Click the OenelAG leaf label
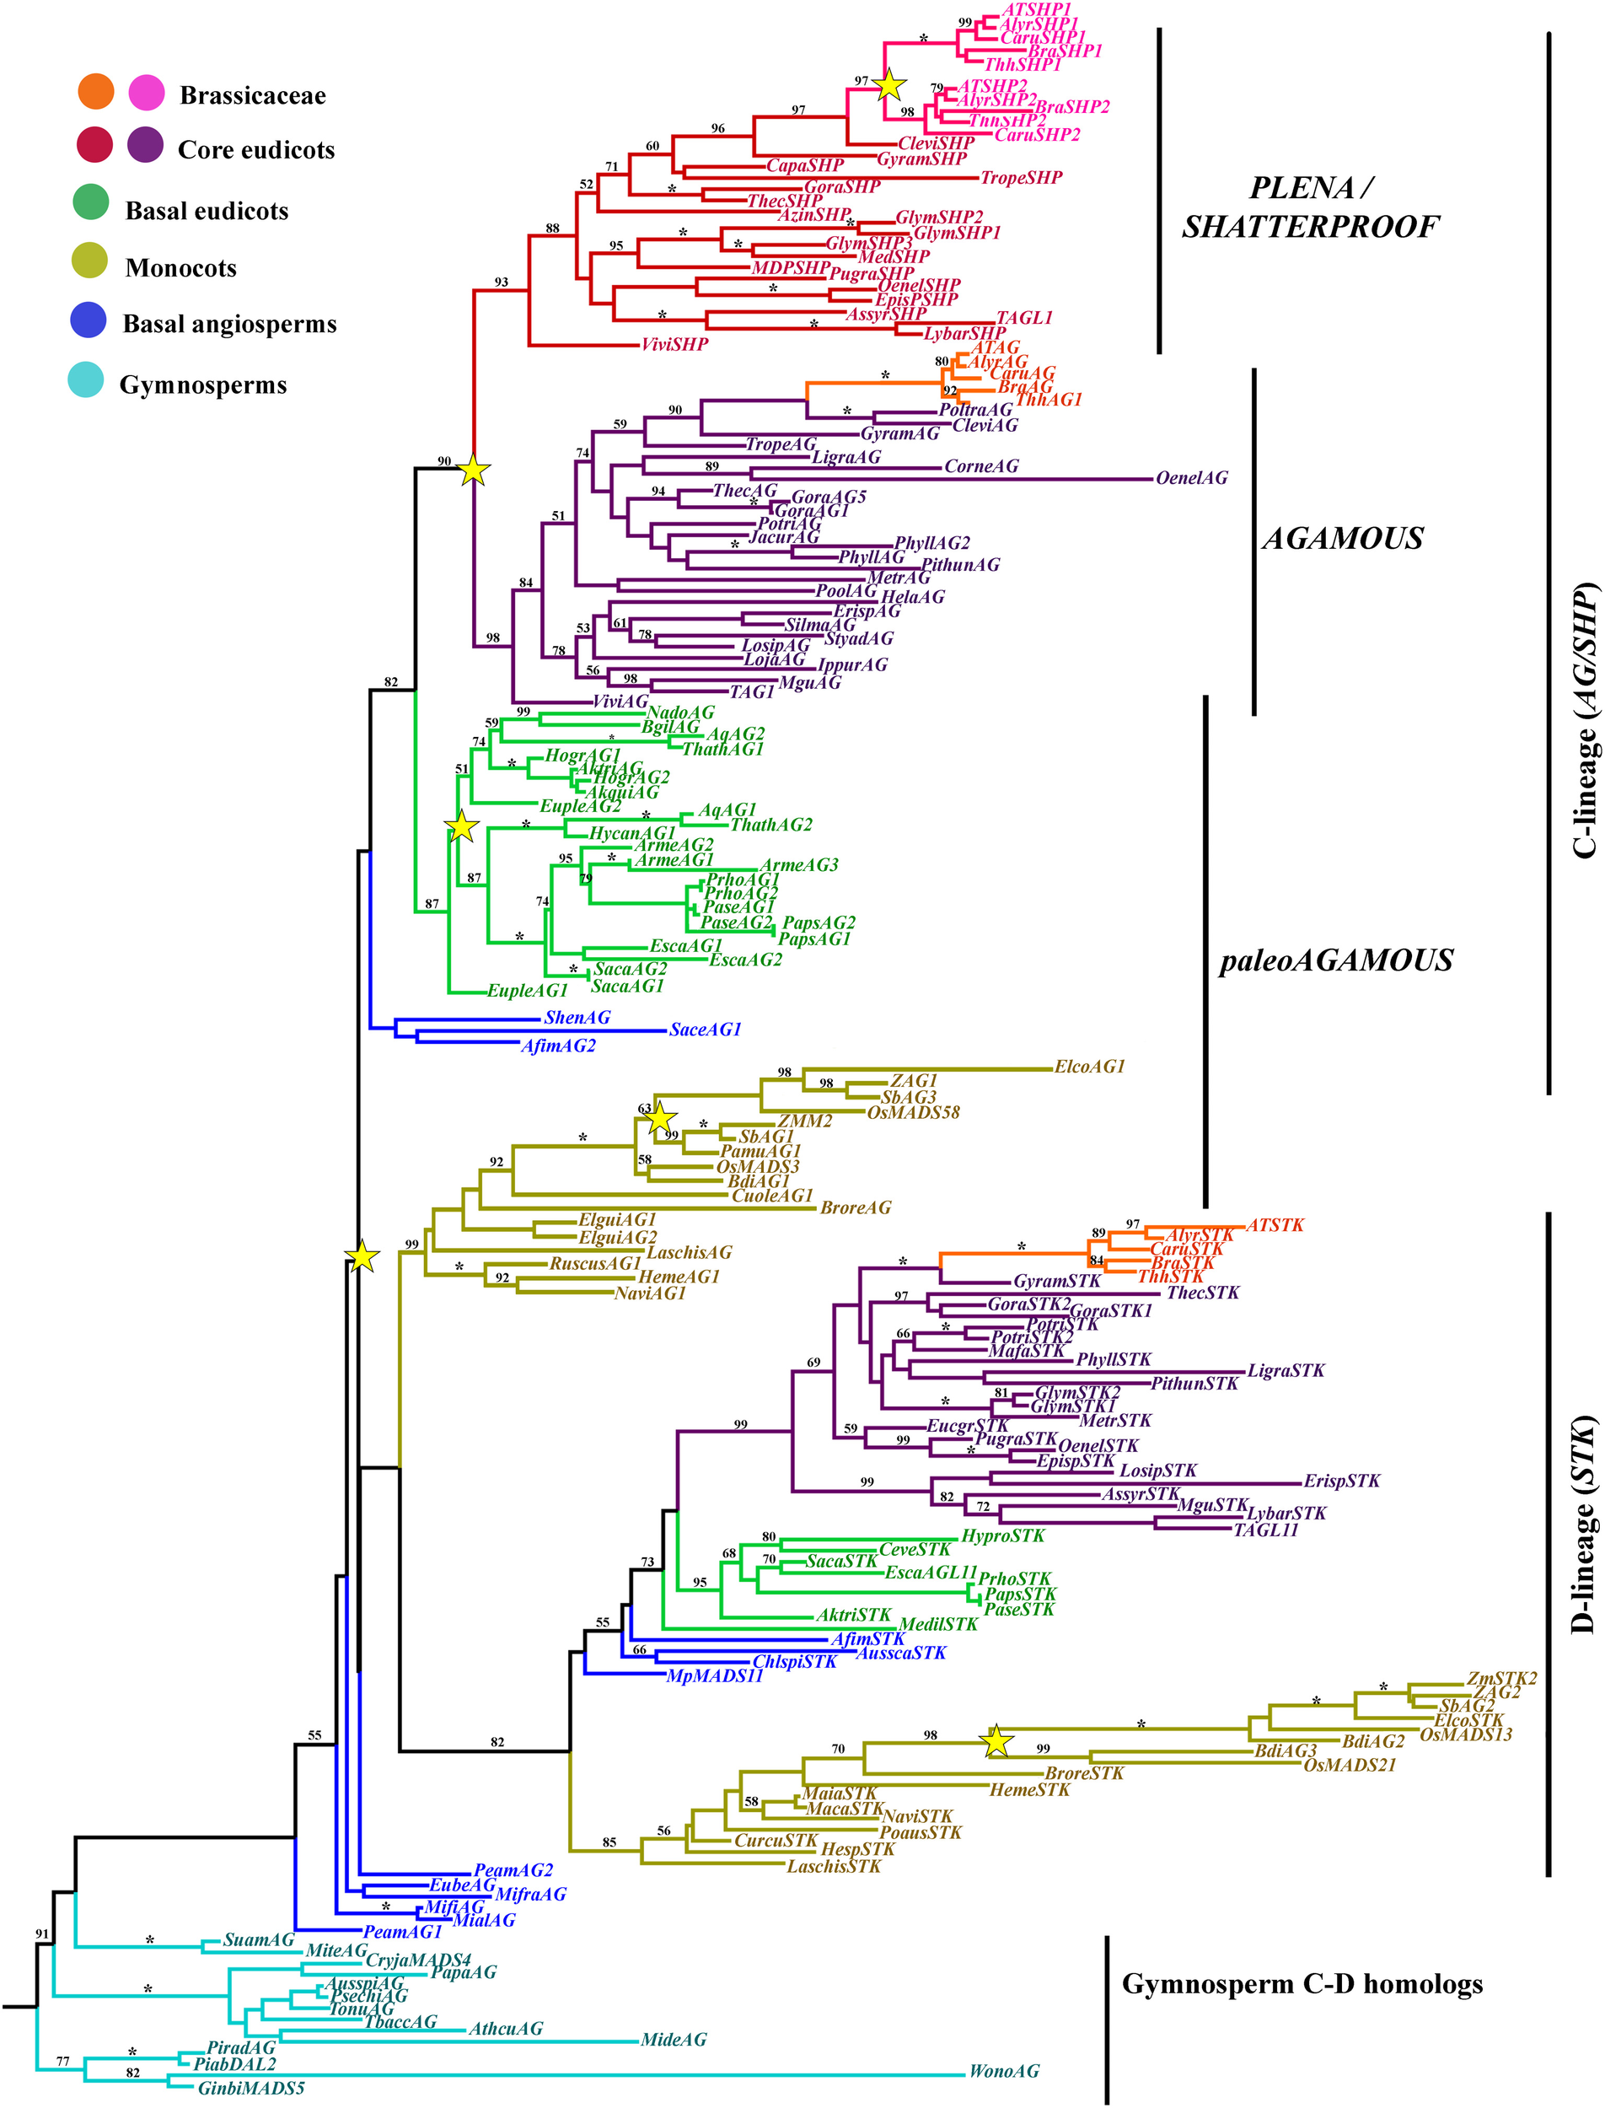1191,478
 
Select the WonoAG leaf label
1003,2071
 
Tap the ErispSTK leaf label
1341,1482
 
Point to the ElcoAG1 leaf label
1089,1067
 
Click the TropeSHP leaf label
1022,178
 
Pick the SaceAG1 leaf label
705,1030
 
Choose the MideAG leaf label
674,2039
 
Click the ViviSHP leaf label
674,344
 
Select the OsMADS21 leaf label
1349,1765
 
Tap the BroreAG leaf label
855,1207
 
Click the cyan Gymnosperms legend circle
86,380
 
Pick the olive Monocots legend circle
90,261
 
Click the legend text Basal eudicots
207,211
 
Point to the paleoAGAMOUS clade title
1335,960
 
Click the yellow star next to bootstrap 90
474,471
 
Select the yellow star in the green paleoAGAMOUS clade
460,826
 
